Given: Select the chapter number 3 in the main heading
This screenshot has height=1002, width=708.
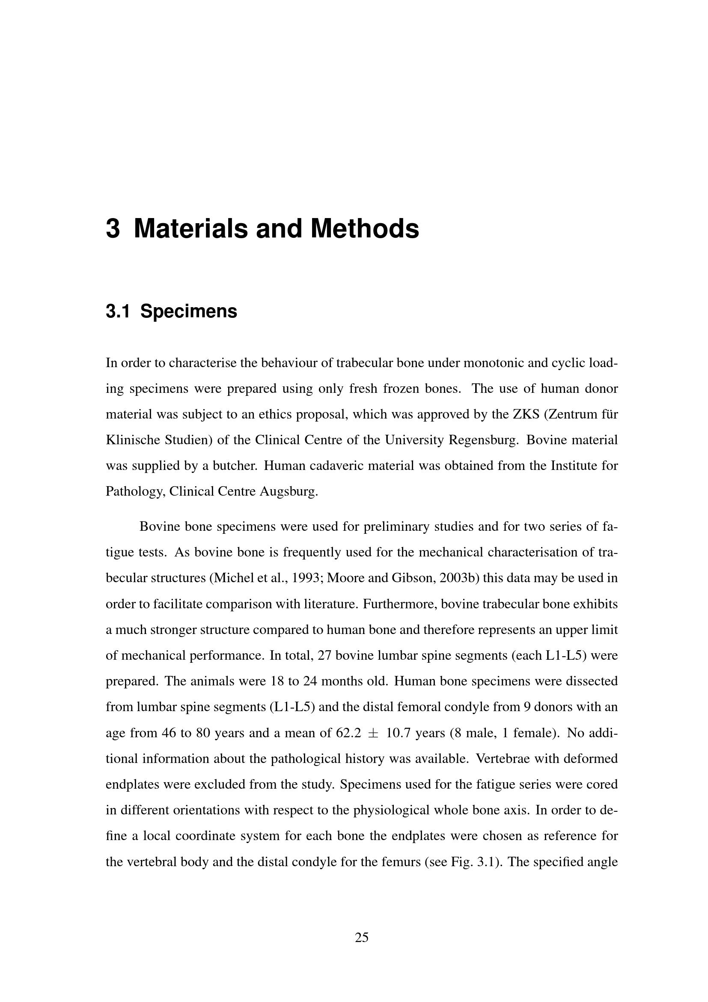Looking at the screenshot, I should coord(113,229).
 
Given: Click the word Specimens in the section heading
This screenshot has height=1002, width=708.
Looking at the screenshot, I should coord(189,311).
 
